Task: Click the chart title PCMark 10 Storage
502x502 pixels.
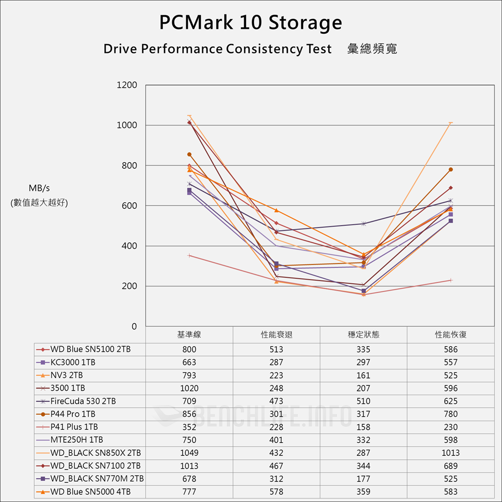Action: tap(250, 23)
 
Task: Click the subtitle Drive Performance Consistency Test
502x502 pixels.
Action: tap(217, 49)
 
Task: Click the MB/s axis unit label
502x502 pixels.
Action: tap(39, 188)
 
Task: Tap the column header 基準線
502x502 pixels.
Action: tap(189, 335)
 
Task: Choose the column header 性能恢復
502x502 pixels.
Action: tap(451, 335)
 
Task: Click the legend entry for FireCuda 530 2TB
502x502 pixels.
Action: tap(83, 401)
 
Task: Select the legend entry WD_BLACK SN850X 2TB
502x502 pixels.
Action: tap(95, 453)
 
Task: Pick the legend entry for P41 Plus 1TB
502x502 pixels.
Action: tap(74, 427)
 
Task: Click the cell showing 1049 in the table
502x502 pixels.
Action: tap(189, 453)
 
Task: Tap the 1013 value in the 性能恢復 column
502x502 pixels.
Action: tap(451, 453)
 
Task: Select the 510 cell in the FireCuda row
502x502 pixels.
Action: tap(363, 401)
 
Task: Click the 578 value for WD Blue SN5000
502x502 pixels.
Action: tap(276, 491)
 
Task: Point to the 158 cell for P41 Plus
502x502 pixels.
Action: tap(363, 427)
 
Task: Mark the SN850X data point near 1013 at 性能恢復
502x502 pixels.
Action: tap(451, 122)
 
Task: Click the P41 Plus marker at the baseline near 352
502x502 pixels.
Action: tap(189, 256)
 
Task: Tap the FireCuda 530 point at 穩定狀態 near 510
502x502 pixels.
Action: tap(363, 224)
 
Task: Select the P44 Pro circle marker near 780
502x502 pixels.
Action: tap(451, 170)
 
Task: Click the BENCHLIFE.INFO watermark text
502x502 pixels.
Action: tap(271, 416)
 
